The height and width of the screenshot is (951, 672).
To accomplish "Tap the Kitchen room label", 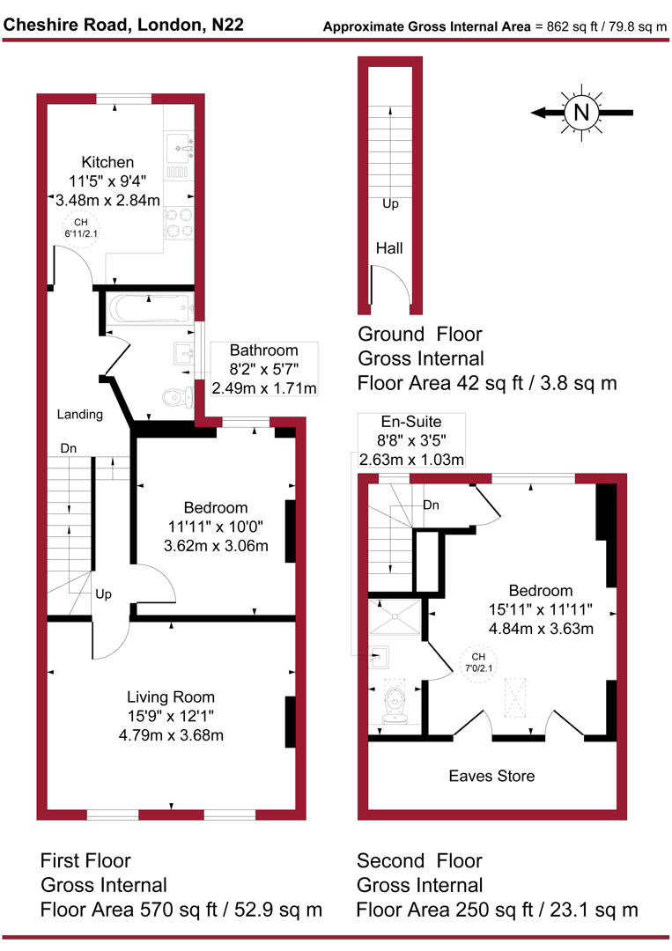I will [107, 162].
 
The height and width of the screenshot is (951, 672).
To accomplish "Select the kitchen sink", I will [180, 145].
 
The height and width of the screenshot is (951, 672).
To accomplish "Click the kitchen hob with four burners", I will [180, 222].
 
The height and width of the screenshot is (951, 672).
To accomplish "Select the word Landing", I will [79, 414].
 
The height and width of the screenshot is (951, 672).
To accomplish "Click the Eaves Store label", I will [491, 776].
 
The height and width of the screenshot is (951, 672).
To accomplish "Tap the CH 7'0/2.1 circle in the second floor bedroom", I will [478, 663].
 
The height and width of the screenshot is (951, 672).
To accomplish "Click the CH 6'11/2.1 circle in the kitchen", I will [79, 227].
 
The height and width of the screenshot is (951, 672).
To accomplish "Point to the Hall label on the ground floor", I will [388, 249].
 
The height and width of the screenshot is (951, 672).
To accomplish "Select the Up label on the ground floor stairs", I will [390, 203].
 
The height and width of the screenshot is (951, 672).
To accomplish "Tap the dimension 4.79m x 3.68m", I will [170, 735].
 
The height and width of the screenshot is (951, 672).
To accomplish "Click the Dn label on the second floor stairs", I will [432, 505].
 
